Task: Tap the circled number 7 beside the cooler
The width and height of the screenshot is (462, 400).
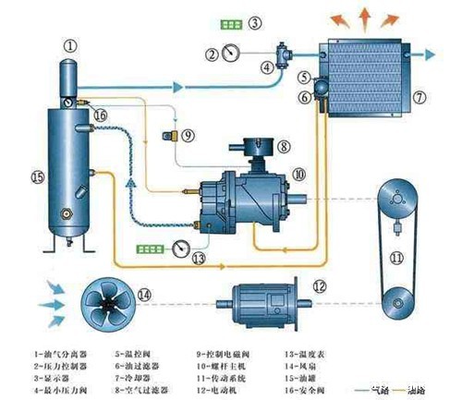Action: click(419, 94)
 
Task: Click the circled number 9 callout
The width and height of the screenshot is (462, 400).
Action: click(187, 135)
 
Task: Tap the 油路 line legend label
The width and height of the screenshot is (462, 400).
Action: click(427, 390)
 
